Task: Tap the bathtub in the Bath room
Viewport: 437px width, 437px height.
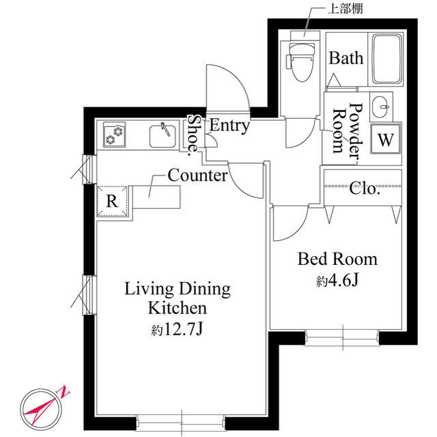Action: (x=388, y=59)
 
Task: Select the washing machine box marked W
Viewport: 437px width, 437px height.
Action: (x=386, y=139)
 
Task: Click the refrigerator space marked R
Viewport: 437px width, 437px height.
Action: (x=112, y=201)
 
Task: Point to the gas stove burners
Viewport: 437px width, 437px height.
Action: (x=115, y=135)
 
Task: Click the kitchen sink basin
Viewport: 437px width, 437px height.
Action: (x=163, y=136)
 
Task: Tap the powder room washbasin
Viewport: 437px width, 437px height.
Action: (x=381, y=107)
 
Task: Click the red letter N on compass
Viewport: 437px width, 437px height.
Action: (x=64, y=391)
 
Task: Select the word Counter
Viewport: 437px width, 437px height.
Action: (x=197, y=175)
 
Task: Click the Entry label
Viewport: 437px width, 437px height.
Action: (x=229, y=126)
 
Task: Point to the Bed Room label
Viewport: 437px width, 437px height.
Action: (x=337, y=259)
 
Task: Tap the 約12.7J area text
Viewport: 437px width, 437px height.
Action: (x=177, y=329)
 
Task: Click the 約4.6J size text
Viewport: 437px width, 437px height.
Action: (x=337, y=281)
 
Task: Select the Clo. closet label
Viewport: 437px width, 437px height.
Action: (x=365, y=188)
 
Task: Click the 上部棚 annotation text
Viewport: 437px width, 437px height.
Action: (x=346, y=9)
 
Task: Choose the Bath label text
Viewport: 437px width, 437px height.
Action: (x=346, y=58)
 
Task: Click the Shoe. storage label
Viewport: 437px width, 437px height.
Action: (x=193, y=135)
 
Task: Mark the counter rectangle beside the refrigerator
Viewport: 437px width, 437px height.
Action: (x=156, y=197)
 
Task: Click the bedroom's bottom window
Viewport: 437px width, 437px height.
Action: (x=343, y=337)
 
